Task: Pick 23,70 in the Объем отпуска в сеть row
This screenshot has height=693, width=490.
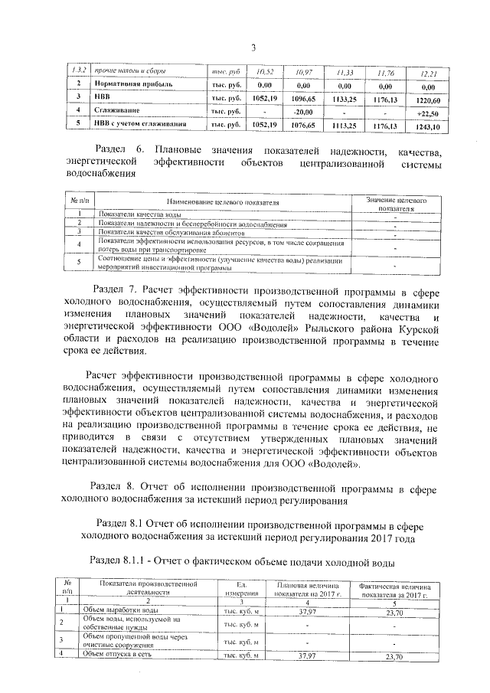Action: coord(395,656)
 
